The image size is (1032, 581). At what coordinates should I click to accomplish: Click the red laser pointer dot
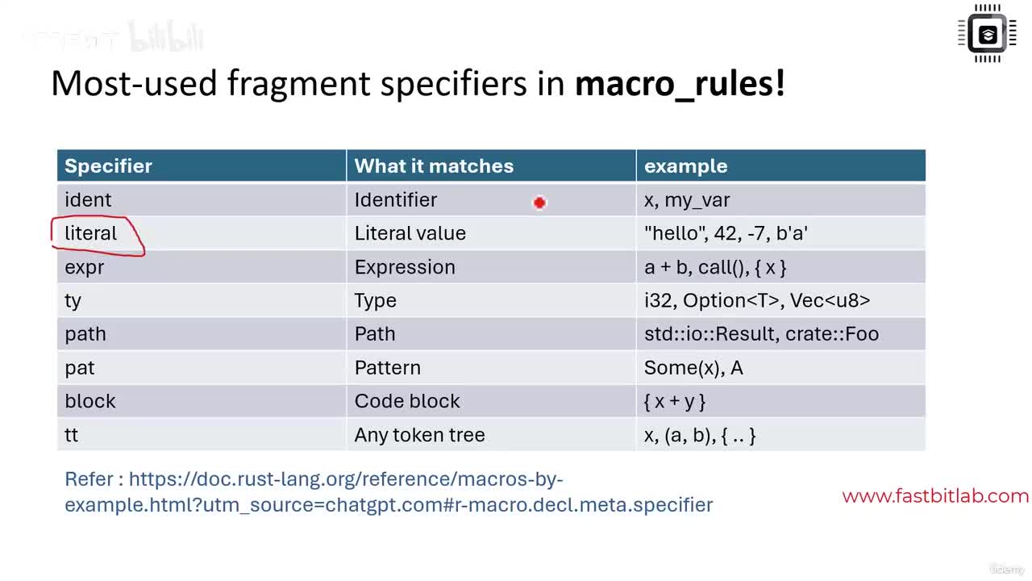539,203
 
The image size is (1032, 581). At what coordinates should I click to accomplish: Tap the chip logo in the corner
987,33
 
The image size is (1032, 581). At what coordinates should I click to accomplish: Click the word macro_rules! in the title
680,83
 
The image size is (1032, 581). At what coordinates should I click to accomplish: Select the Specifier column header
108,166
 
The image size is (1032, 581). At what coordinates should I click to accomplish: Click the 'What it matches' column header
434,166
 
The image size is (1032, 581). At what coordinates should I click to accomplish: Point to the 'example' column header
685,166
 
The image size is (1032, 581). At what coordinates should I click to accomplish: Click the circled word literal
91,233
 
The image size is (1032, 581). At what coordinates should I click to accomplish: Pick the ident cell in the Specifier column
88,200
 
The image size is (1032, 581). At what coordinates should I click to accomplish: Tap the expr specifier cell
85,267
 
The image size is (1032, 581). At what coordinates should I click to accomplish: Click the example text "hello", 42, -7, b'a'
726,233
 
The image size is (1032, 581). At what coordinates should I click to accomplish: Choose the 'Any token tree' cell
419,435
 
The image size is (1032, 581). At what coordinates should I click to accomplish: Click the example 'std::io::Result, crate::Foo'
761,334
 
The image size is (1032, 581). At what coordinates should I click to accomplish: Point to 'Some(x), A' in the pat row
693,368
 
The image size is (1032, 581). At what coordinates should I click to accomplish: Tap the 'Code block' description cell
407,401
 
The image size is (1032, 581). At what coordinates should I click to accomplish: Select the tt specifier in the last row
72,435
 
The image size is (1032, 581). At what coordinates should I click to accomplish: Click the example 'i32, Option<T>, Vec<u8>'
757,301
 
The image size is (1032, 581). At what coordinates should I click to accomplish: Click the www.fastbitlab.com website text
935,496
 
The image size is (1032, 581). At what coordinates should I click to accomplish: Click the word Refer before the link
89,479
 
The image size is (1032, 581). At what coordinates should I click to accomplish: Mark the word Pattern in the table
388,368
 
